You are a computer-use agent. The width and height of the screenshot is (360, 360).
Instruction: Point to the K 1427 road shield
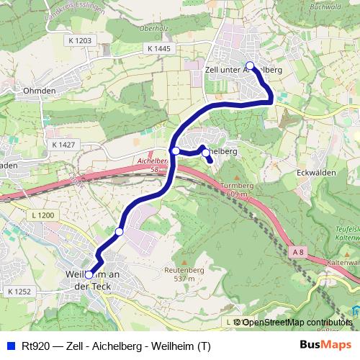[63, 145]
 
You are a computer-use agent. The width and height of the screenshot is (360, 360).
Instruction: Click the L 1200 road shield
[44, 215]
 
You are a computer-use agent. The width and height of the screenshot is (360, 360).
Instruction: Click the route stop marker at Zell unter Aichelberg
[250, 66]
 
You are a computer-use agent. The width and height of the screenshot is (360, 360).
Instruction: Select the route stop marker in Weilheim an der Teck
[89, 274]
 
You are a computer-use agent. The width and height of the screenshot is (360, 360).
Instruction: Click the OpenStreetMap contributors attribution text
[297, 322]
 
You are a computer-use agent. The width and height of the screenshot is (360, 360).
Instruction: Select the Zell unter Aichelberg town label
[243, 70]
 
